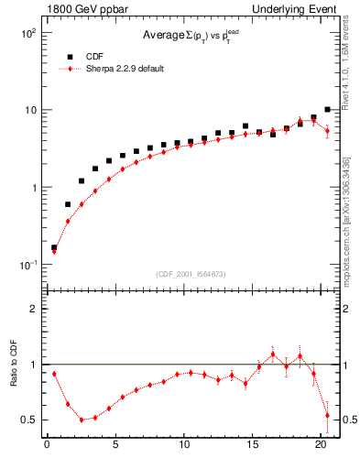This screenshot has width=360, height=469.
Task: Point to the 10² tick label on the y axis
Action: (28, 33)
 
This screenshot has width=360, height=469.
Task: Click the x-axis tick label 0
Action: (47, 446)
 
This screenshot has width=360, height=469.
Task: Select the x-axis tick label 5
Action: (115, 446)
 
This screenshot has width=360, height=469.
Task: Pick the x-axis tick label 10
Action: (184, 446)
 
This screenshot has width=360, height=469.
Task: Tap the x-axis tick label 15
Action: (253, 446)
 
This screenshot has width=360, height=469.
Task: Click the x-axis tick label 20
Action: (321, 446)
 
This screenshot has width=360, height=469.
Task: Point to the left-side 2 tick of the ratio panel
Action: (34, 309)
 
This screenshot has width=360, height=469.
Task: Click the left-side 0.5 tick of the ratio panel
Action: (30, 420)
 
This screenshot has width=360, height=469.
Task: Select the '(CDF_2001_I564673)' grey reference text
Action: (190, 274)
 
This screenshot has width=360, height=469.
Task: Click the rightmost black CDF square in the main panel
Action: (327, 109)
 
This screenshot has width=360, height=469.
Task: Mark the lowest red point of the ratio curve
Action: (82, 420)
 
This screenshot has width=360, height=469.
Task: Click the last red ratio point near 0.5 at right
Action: (327, 415)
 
